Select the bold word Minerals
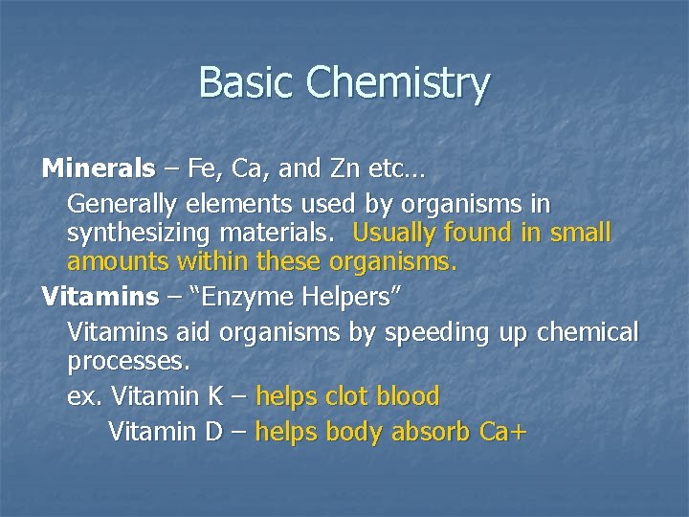tap(99, 170)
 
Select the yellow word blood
tap(410, 396)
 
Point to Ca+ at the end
tap(503, 432)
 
